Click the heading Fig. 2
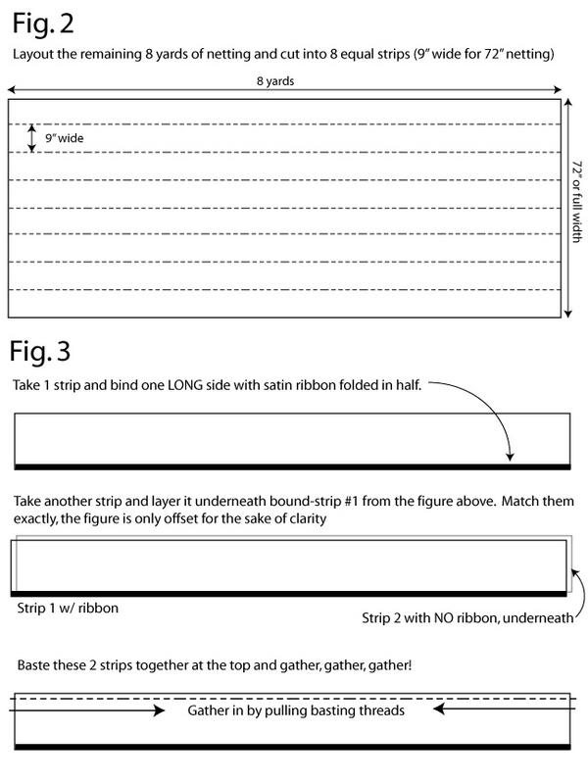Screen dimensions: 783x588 tap(45, 23)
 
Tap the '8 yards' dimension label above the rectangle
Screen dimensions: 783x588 tap(284, 83)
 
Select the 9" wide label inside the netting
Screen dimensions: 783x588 tap(65, 138)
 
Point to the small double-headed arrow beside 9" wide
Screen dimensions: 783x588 tap(32, 137)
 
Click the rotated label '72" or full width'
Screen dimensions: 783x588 tap(575, 209)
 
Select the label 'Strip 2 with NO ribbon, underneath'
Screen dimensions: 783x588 tap(461, 618)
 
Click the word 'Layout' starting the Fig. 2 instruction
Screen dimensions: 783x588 tap(32, 55)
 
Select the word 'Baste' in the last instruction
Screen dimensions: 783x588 tap(34, 664)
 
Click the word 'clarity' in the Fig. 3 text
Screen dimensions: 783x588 tap(305, 518)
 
